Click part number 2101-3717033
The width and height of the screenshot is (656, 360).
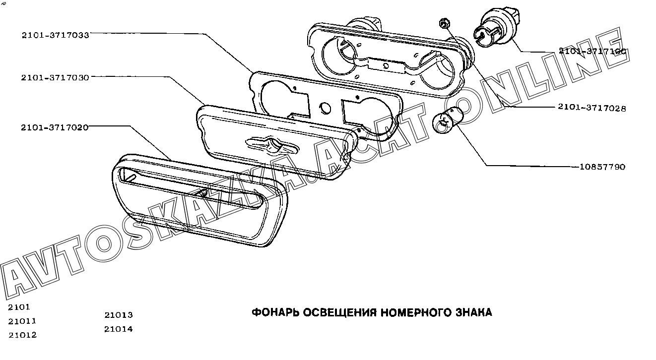[x=55, y=35]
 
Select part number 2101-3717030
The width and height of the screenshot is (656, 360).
[x=55, y=78]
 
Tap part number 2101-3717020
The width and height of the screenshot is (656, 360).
[x=55, y=127]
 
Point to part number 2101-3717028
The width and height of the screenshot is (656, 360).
[x=592, y=108]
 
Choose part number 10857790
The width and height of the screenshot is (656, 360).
[x=602, y=167]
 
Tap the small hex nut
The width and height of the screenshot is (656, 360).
[x=444, y=23]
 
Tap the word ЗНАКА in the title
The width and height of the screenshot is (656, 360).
[x=474, y=312]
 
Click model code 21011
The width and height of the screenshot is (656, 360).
[x=22, y=321]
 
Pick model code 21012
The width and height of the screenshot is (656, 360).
[x=22, y=335]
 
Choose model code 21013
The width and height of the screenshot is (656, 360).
[x=119, y=315]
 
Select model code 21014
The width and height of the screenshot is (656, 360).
[x=119, y=329]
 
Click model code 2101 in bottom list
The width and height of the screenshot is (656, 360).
[x=19, y=307]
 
